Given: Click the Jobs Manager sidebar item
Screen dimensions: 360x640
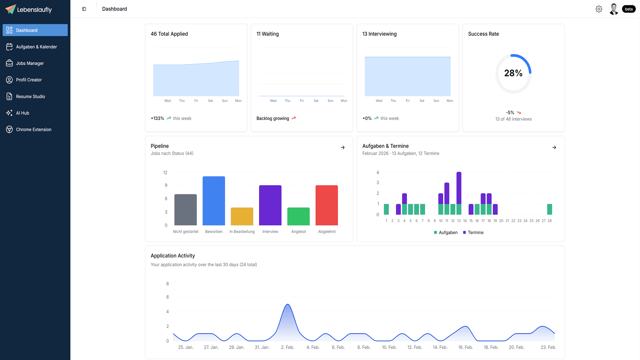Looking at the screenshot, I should (30, 63).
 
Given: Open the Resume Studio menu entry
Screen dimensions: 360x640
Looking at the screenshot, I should (30, 97).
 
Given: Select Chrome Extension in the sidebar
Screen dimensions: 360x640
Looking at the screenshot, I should (33, 130).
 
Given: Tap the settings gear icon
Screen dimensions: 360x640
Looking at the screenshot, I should (599, 9).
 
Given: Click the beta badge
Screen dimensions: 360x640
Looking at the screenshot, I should (629, 9).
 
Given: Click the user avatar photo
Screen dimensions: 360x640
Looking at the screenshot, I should (614, 9).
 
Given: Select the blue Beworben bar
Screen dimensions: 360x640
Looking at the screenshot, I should (214, 201).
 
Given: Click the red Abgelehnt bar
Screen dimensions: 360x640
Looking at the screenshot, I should (326, 205).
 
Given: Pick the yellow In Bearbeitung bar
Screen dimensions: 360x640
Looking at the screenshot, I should (242, 216).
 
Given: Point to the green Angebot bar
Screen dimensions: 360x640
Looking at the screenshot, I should (298, 216).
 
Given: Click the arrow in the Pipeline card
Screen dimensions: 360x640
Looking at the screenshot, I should (343, 147).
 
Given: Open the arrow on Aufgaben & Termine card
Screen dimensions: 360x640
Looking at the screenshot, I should (554, 147).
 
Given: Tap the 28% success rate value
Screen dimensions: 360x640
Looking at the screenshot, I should (513, 73).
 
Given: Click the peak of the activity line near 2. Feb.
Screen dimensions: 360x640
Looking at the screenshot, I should (288, 304).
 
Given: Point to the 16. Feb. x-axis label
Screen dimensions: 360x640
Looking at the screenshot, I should (465, 347).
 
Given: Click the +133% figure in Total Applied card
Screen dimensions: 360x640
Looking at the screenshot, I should (157, 118).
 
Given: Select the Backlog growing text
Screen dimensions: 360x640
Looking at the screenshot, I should (273, 118).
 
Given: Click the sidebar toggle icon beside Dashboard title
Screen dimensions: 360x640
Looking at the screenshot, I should (84, 9).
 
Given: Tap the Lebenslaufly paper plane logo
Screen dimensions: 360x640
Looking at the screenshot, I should (10, 9).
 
